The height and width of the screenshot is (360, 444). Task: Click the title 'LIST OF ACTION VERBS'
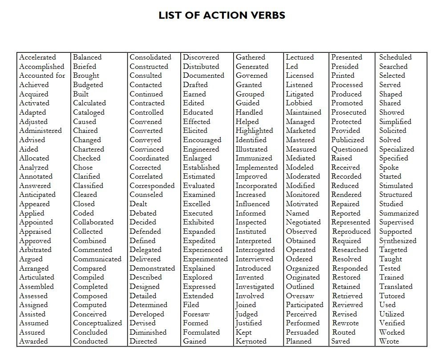coord(222,16)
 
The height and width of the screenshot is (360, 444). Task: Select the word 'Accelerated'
coord(37,57)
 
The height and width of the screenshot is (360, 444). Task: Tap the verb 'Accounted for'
coord(42,76)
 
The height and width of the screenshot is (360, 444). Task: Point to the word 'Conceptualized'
coord(97,323)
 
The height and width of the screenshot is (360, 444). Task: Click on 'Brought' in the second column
coord(86,76)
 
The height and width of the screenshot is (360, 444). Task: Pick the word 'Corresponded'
coord(152,186)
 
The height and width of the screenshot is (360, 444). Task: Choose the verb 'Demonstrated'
coord(152,268)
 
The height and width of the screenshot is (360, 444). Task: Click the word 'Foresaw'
coord(196,314)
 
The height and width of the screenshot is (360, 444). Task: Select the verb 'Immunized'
coord(254,158)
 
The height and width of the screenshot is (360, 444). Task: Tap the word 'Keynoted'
coord(251,341)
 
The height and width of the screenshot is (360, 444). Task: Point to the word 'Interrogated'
coord(255,250)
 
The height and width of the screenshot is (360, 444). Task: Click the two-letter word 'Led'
coord(292,67)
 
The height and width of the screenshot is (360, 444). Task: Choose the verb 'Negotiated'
coord(303,222)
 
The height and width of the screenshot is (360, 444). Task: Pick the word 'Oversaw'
coord(300,296)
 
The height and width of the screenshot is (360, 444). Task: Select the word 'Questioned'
coord(349,149)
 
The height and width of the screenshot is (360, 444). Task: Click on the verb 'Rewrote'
coord(345,323)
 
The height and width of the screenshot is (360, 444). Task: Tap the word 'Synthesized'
coord(398,241)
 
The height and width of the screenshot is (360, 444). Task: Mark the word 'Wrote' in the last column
coord(389,341)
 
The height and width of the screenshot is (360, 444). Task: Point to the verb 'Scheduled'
coord(396,57)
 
